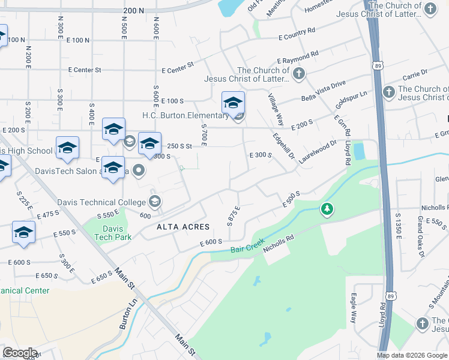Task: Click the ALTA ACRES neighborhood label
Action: coord(183,227)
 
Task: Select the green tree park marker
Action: coord(327,209)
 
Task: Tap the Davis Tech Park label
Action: coord(113,233)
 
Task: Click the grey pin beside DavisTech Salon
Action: coord(139,171)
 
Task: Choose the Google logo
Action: coord(20,353)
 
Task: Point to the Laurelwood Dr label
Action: coord(318,152)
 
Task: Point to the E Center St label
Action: coord(84,70)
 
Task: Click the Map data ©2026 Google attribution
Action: coord(412,355)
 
